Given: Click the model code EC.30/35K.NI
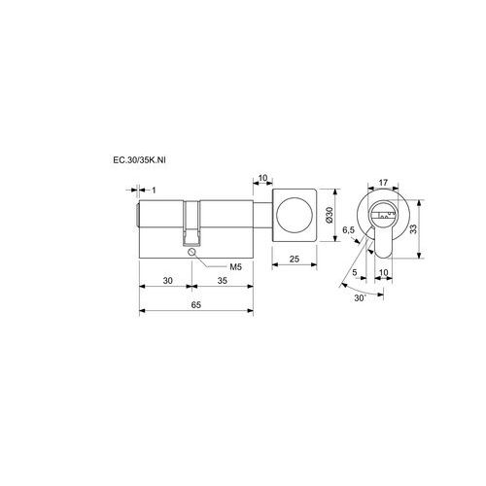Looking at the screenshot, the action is pyautogui.click(x=139, y=160).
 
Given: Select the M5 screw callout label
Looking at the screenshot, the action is pyautogui.click(x=236, y=267).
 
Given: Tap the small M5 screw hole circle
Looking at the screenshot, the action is pyautogui.click(x=191, y=252).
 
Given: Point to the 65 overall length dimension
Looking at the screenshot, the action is pyautogui.click(x=196, y=305).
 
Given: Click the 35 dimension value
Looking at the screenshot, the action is pyautogui.click(x=223, y=281).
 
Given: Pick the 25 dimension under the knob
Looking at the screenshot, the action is pyautogui.click(x=295, y=260).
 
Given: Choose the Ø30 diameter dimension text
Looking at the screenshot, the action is pyautogui.click(x=330, y=215).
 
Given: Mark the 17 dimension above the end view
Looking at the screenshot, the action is pyautogui.click(x=383, y=183).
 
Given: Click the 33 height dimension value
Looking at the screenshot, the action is pyautogui.click(x=413, y=229).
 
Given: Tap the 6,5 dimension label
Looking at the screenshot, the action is pyautogui.click(x=349, y=230).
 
